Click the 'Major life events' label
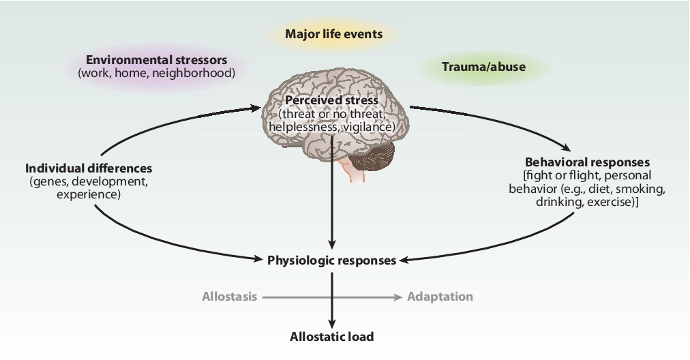[333, 34]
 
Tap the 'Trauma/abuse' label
[483, 67]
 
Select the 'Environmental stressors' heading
[156, 60]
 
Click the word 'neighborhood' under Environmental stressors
[194, 73]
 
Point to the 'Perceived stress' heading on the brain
[332, 100]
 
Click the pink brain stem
[355, 171]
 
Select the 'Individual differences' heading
[89, 168]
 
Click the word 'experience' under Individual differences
[89, 194]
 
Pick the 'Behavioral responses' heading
[588, 162]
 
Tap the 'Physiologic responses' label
[332, 260]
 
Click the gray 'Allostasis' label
[229, 297]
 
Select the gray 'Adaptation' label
[440, 297]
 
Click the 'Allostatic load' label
[332, 337]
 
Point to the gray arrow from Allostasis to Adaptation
[332, 297]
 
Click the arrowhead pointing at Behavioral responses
[565, 148]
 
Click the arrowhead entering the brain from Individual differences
[254, 108]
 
